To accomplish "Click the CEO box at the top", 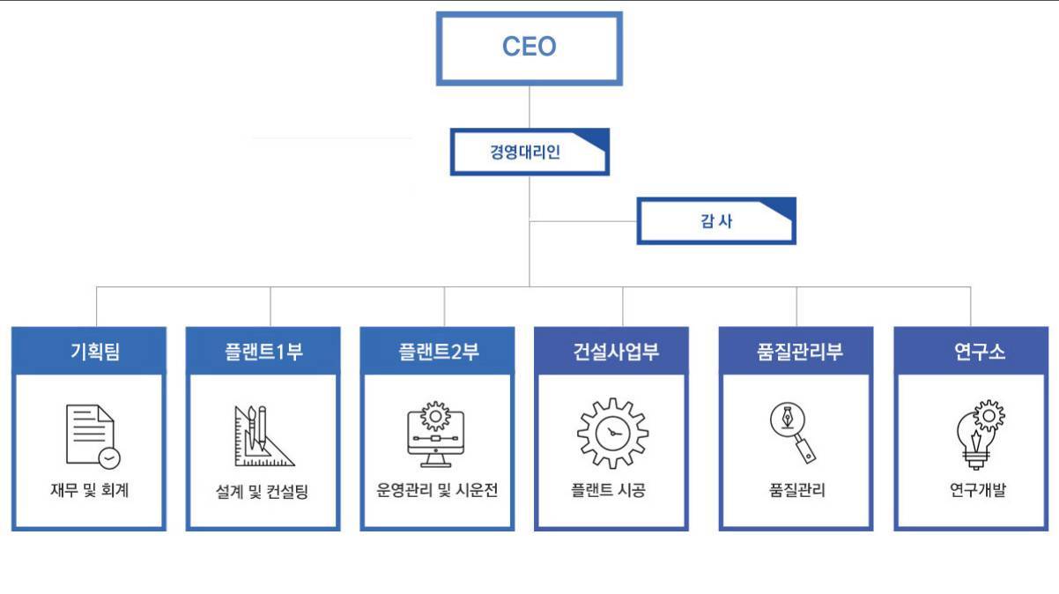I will coord(529,48).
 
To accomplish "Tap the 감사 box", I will coord(715,220).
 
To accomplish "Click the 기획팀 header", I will coord(88,352).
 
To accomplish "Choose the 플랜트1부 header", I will coord(263,352).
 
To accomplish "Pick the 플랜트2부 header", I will coord(437,352).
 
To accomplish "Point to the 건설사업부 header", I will coord(611,352).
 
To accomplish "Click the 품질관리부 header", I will coord(796,352).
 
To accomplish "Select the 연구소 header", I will coord(971,352).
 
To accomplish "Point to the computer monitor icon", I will coord(436,434).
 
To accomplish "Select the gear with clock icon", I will coord(612,433).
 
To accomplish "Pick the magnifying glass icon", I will coord(793,432).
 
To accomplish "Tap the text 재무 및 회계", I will coord(89,491).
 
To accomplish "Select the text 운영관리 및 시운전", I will coord(437,491).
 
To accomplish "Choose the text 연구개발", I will coord(972,491).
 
